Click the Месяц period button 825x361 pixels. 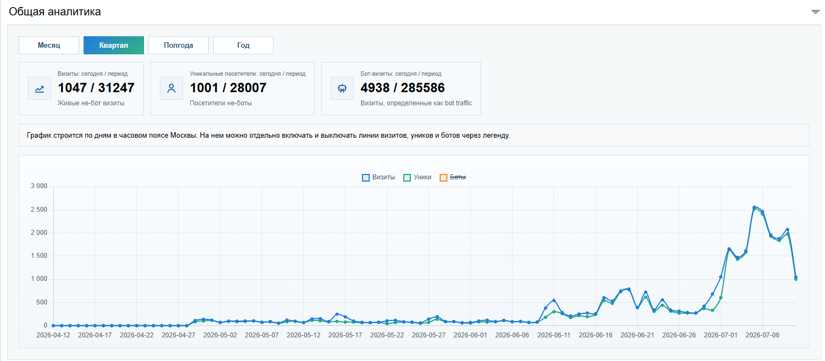(x=49, y=46)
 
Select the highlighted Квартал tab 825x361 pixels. (x=114, y=46)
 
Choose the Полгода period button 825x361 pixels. (x=179, y=46)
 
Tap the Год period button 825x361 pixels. (x=243, y=46)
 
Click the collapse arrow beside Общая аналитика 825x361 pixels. (x=816, y=12)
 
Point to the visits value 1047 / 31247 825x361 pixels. (x=96, y=88)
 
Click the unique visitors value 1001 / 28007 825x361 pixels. (x=228, y=88)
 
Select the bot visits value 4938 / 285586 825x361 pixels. (x=403, y=88)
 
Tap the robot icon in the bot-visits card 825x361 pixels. (x=342, y=88)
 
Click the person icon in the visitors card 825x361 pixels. (x=171, y=88)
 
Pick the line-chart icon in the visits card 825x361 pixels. (x=40, y=88)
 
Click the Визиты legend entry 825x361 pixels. (x=378, y=177)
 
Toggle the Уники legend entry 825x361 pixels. (x=417, y=177)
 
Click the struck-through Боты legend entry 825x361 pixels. (x=453, y=177)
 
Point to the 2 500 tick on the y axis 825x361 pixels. (x=39, y=210)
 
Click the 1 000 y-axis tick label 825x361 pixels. (x=39, y=279)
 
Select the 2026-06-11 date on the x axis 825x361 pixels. (x=554, y=335)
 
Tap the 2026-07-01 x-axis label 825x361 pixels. (x=721, y=335)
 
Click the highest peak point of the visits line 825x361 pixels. (x=754, y=207)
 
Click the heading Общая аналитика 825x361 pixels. (x=55, y=12)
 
